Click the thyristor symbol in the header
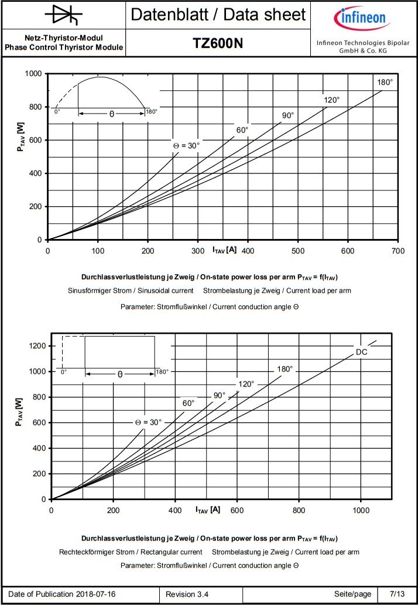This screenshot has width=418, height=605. (x=63, y=15)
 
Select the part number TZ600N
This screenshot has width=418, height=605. (x=218, y=44)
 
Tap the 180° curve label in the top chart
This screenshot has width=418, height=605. (x=384, y=82)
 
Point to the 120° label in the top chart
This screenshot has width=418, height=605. (x=331, y=100)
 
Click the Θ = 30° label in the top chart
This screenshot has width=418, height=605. (x=186, y=145)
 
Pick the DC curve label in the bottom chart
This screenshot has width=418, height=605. (x=362, y=352)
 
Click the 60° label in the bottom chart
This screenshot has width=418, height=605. (x=189, y=403)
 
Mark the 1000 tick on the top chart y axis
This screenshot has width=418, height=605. (x=33, y=74)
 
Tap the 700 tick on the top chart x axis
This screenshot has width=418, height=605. (x=398, y=251)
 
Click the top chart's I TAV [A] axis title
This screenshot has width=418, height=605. (x=224, y=250)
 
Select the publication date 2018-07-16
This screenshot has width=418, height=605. (x=95, y=594)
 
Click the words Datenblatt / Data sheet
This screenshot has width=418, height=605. (x=218, y=15)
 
